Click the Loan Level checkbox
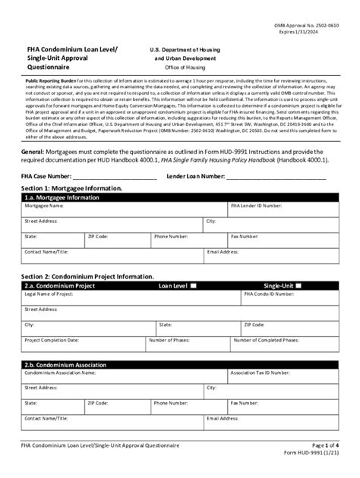coord(192,286)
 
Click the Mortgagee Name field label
coord(43,206)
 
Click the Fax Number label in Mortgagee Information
coord(245,236)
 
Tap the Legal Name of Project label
coord(50,294)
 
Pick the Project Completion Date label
coord(53,340)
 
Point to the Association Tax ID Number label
coord(261,373)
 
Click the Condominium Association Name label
coord(60,373)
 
